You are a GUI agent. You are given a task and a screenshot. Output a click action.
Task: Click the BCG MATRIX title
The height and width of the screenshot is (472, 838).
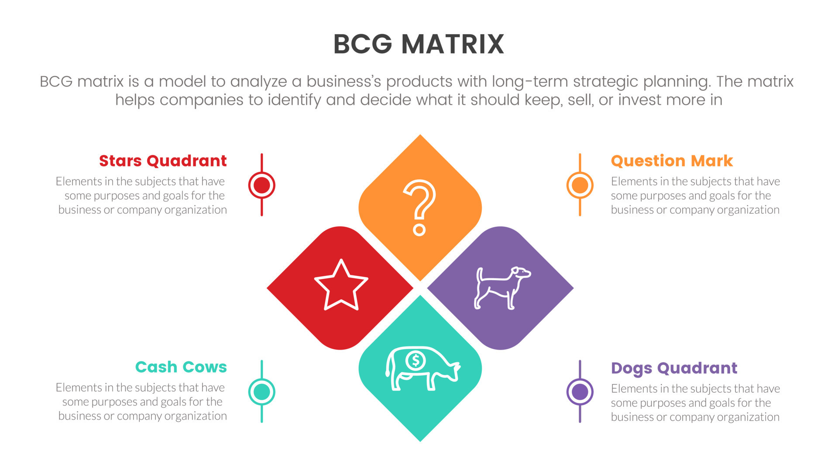419,44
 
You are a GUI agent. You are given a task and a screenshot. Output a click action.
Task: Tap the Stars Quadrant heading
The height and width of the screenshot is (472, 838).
163,161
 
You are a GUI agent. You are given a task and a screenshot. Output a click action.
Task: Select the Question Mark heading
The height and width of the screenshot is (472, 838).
672,161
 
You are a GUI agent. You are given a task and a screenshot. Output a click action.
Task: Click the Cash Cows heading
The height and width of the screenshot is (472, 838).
181,367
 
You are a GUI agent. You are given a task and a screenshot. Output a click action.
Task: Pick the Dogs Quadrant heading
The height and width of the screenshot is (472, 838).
674,368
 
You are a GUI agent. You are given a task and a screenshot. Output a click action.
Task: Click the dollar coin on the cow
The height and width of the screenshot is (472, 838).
415,361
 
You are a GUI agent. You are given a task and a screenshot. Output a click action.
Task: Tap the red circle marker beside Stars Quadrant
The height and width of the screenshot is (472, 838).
261,185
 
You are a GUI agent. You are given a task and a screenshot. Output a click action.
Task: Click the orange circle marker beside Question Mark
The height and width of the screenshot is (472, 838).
580,185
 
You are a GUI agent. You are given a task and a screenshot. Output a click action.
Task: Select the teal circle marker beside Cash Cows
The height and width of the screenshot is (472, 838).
261,392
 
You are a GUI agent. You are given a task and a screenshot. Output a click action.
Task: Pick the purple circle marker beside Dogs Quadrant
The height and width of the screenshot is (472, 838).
580,392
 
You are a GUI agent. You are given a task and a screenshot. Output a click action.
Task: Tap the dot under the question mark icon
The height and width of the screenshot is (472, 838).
419,229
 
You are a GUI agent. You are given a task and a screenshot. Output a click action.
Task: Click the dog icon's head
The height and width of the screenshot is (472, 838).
521,273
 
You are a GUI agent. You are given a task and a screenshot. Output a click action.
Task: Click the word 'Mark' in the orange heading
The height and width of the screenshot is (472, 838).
712,161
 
